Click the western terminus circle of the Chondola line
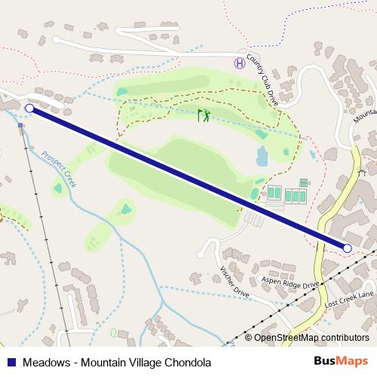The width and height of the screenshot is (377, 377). pos(29,109)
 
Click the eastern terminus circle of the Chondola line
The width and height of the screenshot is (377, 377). pos(348,247)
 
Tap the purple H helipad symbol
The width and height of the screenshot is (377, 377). pos(240,63)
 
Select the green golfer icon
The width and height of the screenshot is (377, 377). pos(203,115)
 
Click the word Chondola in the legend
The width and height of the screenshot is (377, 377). pos(185,362)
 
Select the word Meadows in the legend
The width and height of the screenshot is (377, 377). pos(45,362)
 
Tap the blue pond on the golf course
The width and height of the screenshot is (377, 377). pos(262,156)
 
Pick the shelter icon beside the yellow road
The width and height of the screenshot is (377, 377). pos(361,173)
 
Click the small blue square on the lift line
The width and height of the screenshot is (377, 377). pos(21,125)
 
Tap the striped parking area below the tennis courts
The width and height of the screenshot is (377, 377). pos(253,219)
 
